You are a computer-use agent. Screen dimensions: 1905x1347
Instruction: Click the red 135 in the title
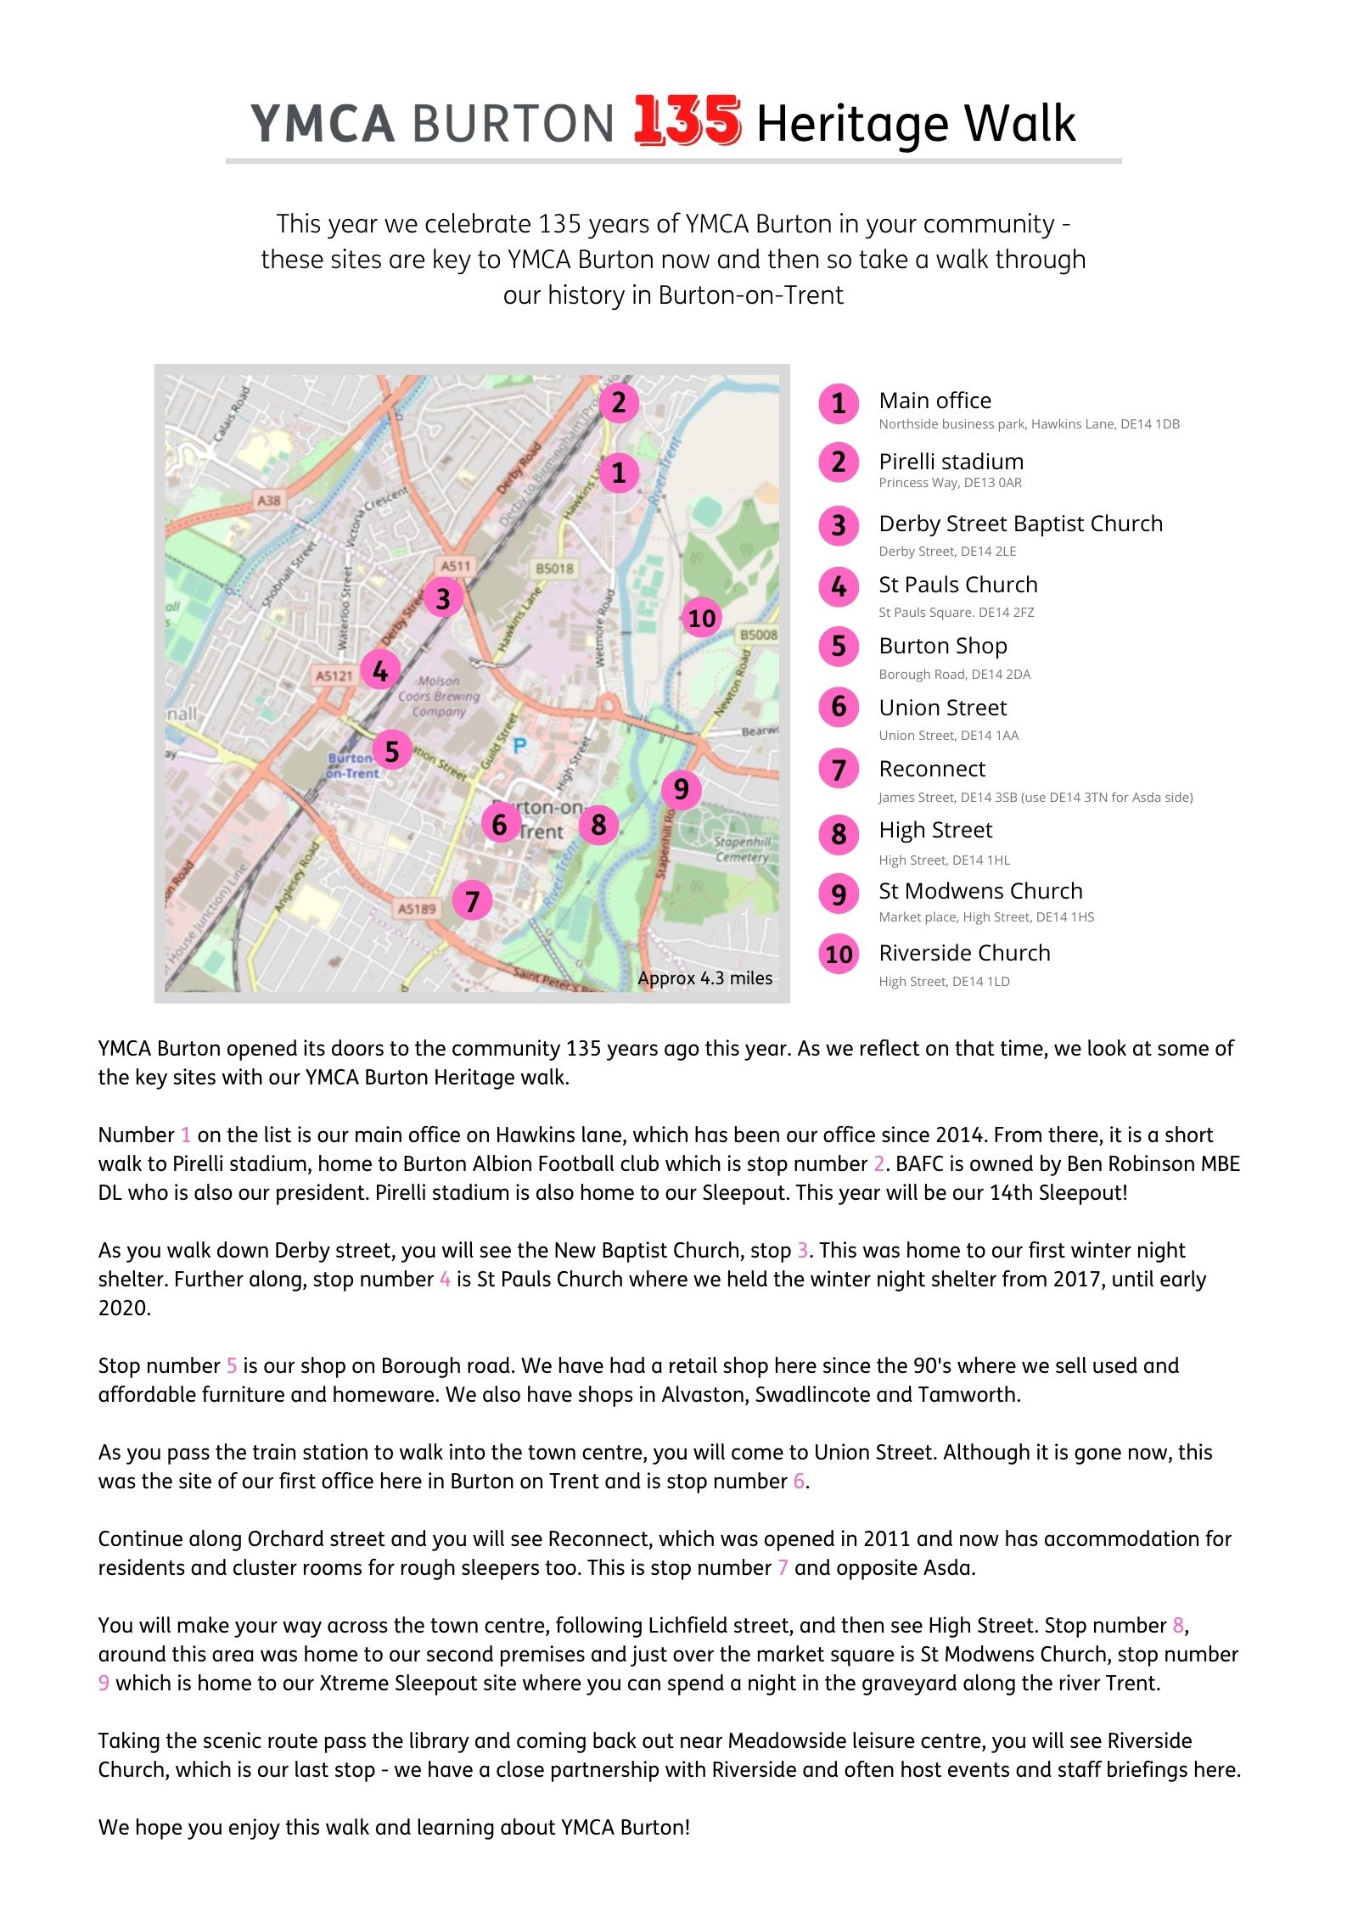[687, 120]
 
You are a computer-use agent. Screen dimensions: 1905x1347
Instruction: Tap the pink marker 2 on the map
[619, 402]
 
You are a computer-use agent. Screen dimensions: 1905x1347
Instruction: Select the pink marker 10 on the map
[702, 618]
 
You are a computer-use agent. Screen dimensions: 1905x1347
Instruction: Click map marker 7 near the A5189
[473, 901]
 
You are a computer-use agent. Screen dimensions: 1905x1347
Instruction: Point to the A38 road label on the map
[269, 501]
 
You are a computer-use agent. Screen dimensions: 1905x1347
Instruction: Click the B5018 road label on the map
[554, 568]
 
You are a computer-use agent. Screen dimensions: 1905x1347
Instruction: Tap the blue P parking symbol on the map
[519, 746]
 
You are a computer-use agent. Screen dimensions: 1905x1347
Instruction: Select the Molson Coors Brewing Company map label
[439, 697]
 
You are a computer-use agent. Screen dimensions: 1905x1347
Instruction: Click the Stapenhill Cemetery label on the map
[743, 849]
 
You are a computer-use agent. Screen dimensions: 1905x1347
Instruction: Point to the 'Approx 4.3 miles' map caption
[704, 978]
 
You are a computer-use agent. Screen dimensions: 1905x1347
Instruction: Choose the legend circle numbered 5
[839, 647]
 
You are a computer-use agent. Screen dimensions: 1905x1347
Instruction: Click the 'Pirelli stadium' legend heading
[951, 462]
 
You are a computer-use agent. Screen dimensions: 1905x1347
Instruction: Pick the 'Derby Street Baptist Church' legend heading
[1020, 524]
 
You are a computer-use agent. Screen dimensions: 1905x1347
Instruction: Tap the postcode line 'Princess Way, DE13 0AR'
[950, 483]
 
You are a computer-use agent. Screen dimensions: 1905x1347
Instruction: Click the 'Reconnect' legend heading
[932, 769]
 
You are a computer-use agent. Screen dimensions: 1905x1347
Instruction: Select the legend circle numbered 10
[839, 955]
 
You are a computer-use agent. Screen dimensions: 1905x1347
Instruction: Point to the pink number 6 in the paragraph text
[799, 1482]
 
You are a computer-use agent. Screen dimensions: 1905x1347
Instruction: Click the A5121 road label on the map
[334, 675]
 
